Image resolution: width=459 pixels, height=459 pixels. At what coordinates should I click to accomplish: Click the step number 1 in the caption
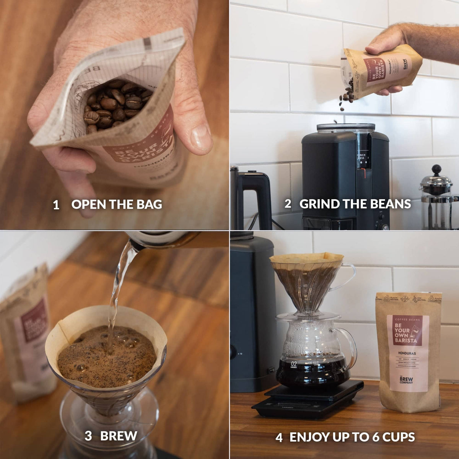[56, 205]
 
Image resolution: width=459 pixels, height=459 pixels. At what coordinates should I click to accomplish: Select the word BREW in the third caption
[119, 436]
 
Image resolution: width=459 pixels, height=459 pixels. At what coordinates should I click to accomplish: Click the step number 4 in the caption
[279, 437]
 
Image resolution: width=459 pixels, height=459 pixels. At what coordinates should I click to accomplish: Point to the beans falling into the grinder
[346, 98]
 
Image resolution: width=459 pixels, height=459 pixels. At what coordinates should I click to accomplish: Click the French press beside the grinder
[438, 199]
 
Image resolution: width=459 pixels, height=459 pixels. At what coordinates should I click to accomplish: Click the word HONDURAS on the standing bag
[406, 353]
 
